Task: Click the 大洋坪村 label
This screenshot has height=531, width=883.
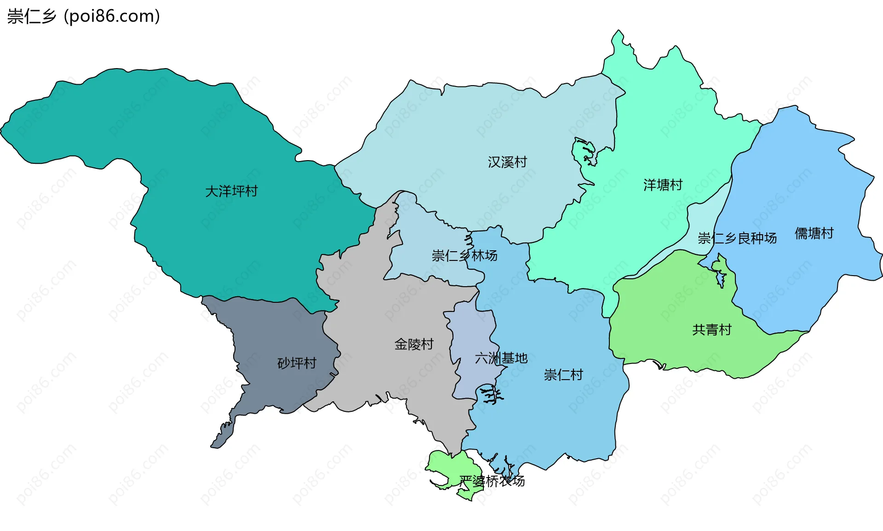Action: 231,191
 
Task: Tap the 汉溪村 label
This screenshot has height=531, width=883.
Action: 507,162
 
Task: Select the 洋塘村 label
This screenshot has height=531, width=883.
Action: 663,185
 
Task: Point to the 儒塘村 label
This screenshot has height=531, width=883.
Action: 814,233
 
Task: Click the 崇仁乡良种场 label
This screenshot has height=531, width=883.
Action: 737,238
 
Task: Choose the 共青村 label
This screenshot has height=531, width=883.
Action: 711,329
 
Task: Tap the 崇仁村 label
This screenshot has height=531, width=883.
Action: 563,375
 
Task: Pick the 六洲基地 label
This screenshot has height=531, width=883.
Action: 501,358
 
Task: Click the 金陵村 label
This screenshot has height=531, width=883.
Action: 414,344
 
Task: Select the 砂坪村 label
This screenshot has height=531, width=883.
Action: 297,363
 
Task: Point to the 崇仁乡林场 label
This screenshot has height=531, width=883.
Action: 464,255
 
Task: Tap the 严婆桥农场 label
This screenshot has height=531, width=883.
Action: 492,481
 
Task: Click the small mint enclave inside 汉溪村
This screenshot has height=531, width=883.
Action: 583,150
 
